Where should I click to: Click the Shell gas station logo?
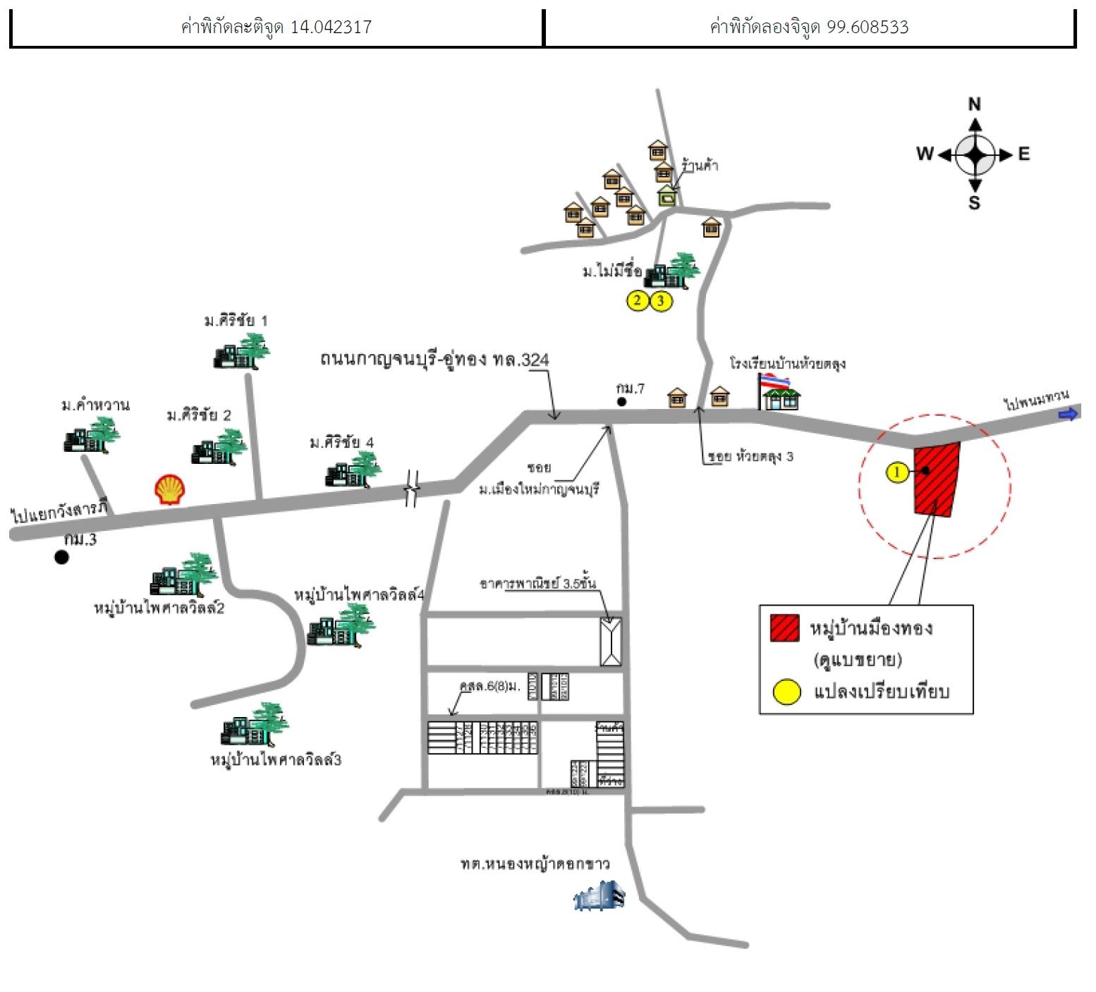(x=170, y=489)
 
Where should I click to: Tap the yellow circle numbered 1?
(x=897, y=472)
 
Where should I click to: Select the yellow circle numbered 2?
(x=638, y=301)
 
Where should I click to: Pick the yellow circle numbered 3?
(x=661, y=301)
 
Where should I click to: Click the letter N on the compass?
(x=975, y=105)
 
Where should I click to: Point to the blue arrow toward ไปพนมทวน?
(x=1069, y=414)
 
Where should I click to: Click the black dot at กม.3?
(x=62, y=557)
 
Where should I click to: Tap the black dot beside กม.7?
(x=621, y=402)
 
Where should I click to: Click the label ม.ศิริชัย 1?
(x=236, y=321)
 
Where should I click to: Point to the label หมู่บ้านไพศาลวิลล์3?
(x=276, y=760)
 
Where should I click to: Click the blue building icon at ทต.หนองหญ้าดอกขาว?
(x=599, y=897)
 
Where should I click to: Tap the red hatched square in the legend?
(x=784, y=627)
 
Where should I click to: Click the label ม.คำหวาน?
(x=95, y=405)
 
